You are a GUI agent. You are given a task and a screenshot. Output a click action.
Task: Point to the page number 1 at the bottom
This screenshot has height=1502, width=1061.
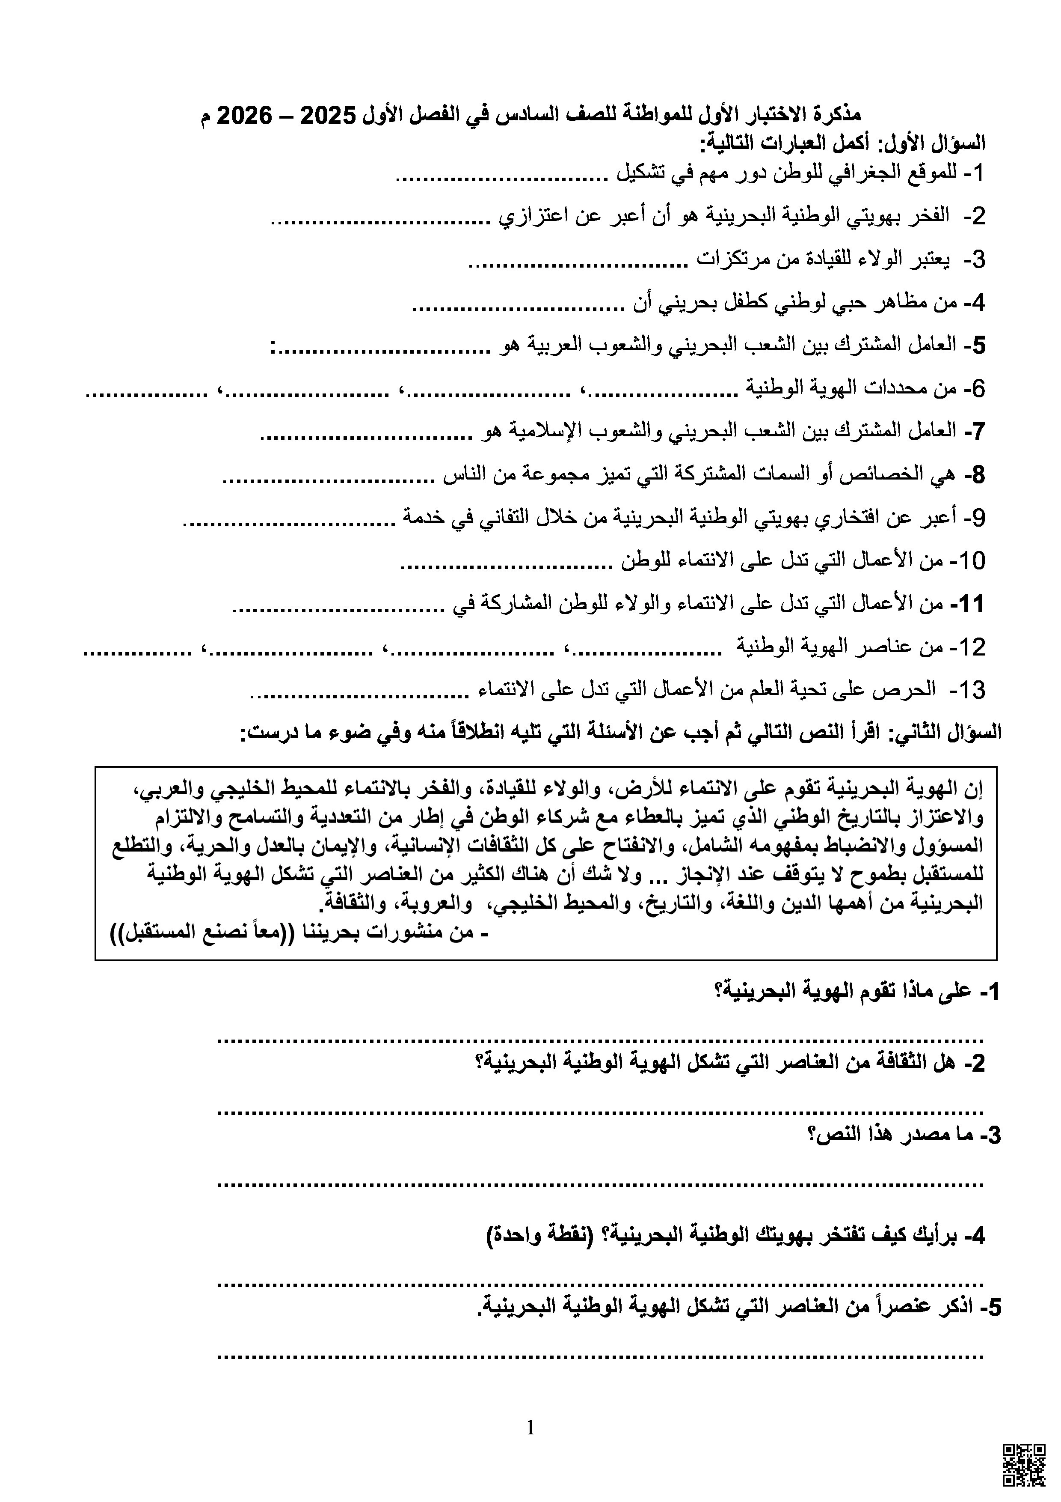click(x=530, y=1427)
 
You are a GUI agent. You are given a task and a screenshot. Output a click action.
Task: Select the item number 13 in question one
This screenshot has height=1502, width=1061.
click(x=967, y=689)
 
